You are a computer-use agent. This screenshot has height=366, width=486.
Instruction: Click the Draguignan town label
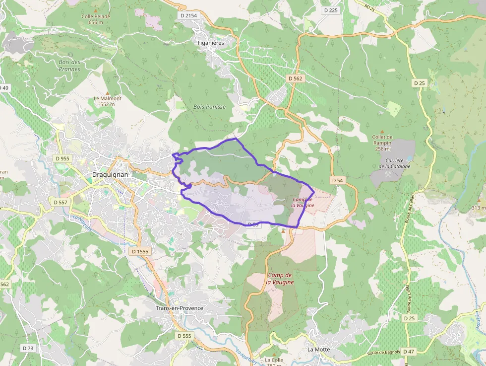tap(111, 175)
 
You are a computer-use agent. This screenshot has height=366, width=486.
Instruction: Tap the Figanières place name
tap(210, 43)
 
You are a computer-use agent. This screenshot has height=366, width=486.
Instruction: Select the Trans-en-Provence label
tap(179, 308)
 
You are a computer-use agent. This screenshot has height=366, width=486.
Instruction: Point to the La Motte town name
tap(318, 349)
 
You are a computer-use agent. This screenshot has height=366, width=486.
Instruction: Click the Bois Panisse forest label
tap(209, 107)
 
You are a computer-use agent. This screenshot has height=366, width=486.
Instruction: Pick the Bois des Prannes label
tap(69, 66)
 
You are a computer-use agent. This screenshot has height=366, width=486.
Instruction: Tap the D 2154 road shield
tap(188, 16)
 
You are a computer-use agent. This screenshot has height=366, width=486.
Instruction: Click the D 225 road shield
tap(330, 10)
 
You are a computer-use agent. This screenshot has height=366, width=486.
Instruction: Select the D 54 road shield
tap(337, 180)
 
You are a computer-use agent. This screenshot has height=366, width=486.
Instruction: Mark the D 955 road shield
tap(63, 158)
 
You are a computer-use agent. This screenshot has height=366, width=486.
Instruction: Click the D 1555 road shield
tap(140, 252)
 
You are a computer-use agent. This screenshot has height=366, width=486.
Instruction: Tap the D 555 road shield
tap(184, 336)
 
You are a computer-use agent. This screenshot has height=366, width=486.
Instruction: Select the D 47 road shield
tap(408, 351)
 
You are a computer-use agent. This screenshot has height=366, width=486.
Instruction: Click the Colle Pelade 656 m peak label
tap(96, 19)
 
